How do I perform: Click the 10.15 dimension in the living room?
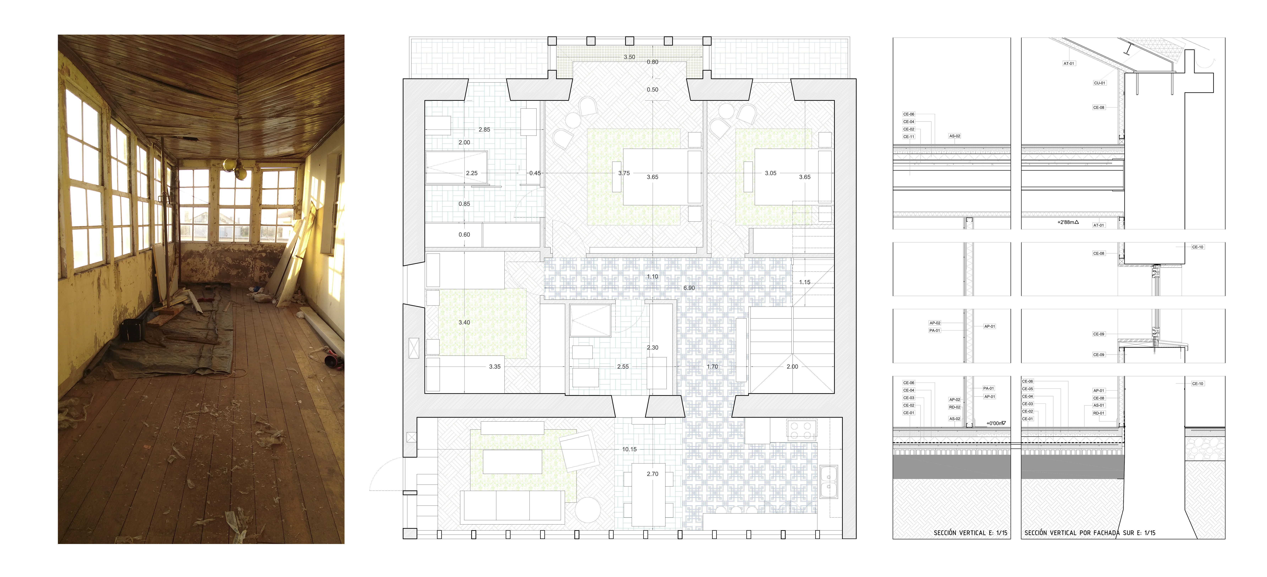coord(629,449)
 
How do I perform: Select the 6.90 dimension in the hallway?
coord(689,288)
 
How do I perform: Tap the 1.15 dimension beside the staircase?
coord(805,282)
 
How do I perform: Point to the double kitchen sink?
coord(829,482)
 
